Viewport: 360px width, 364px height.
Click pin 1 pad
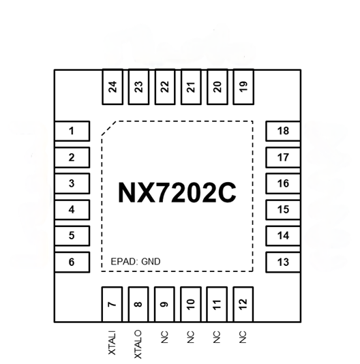[x=72, y=131]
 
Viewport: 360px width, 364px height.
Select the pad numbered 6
[x=72, y=262]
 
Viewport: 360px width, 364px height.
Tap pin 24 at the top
[x=112, y=87]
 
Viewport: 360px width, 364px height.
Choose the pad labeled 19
[x=243, y=87]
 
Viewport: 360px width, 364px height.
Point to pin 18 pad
[x=284, y=131]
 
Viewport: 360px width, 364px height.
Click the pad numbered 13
[x=284, y=262]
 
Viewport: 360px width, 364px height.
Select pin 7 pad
[x=112, y=305]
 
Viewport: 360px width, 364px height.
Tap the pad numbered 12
[x=243, y=305]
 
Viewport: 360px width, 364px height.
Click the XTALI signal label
[x=112, y=343]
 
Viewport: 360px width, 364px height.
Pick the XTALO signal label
[x=138, y=344]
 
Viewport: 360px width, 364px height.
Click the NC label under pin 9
[x=164, y=337]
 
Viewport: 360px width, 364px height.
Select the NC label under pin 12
[x=243, y=337]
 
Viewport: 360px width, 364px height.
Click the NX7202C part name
[x=177, y=193]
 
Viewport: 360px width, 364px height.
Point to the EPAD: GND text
[x=136, y=262]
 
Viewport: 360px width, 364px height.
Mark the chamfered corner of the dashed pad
[x=108, y=128]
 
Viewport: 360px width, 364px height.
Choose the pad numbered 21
[x=191, y=87]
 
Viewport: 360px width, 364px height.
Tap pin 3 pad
[x=72, y=183]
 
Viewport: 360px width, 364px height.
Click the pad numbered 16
[x=284, y=183]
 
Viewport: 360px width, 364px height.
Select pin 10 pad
[x=191, y=305]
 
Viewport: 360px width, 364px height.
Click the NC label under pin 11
[x=216, y=337]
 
